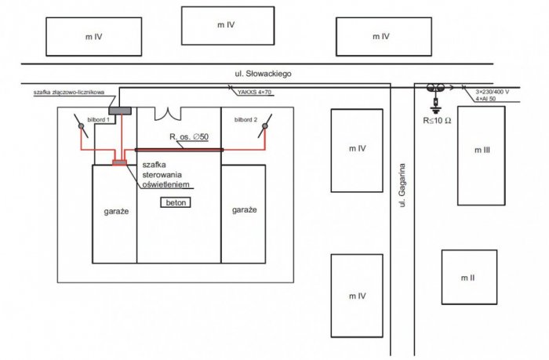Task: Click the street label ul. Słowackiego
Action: pyautogui.click(x=263, y=74)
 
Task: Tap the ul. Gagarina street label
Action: pyautogui.click(x=402, y=185)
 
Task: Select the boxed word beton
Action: pyautogui.click(x=176, y=203)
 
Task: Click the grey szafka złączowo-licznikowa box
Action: pyautogui.click(x=120, y=111)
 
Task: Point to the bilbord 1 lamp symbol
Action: pyautogui.click(x=81, y=125)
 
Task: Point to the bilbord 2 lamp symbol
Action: pyautogui.click(x=265, y=125)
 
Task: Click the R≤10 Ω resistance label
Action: pyautogui.click(x=437, y=121)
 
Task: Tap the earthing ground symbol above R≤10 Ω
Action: pyautogui.click(x=435, y=111)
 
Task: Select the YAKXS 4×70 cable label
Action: pyautogui.click(x=254, y=93)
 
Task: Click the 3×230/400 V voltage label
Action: pyautogui.click(x=492, y=92)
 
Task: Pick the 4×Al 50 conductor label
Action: pyautogui.click(x=485, y=99)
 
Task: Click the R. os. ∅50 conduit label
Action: pyautogui.click(x=189, y=136)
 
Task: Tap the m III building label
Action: pyautogui.click(x=482, y=151)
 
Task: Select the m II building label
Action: pyautogui.click(x=467, y=278)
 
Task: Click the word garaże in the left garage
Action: pyautogui.click(x=116, y=212)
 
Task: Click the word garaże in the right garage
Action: pyautogui.click(x=245, y=209)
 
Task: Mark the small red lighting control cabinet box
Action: pyautogui.click(x=119, y=163)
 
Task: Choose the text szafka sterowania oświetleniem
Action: pyautogui.click(x=166, y=175)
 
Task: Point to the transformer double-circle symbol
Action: pyautogui.click(x=435, y=88)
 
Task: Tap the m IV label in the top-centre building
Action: pyautogui.click(x=226, y=25)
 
